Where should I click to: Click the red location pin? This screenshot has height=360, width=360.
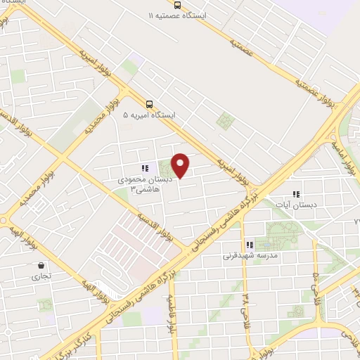(181, 166)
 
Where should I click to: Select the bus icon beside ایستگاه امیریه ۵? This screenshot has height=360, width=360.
(148, 104)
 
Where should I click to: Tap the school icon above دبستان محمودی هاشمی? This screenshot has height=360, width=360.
(145, 169)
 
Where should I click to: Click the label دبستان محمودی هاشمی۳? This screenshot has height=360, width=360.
(140, 185)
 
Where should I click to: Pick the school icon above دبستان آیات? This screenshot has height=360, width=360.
(296, 194)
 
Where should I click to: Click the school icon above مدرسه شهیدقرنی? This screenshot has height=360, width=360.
(250, 245)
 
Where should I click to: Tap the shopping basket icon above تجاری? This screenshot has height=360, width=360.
(41, 266)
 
